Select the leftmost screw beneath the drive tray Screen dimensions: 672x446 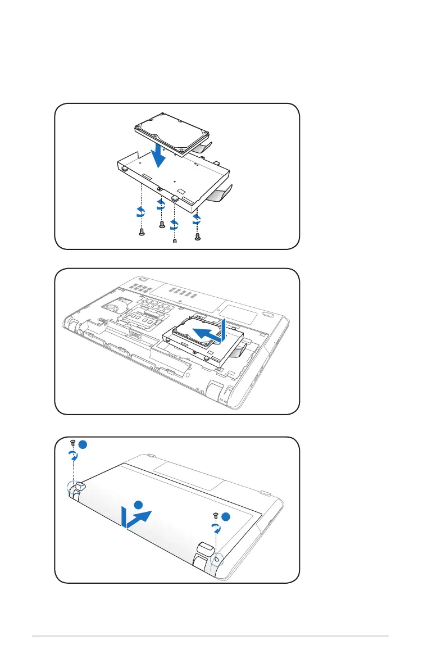142,233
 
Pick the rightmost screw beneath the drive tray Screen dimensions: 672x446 197,237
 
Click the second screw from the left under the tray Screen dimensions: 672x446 162,224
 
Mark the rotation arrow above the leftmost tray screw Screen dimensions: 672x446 140,212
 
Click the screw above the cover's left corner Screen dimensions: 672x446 74,442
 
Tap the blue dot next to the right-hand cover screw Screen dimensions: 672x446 225,516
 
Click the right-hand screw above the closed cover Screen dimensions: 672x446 216,515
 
